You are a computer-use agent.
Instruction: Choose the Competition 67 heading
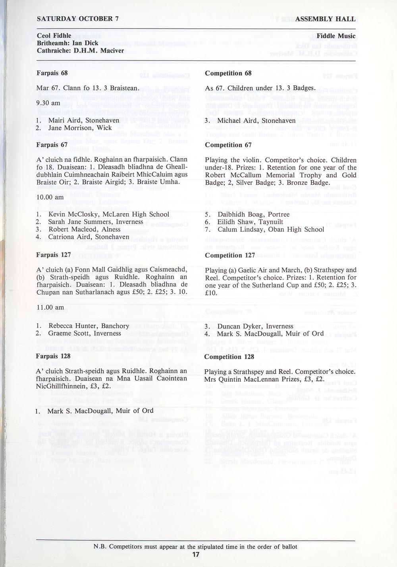tap(229, 145)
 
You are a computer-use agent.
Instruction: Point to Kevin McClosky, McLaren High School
tap(105, 214)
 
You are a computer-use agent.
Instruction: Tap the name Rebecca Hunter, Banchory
tap(85, 326)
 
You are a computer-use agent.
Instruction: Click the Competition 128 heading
tap(229, 357)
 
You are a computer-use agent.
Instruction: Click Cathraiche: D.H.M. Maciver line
tap(81, 51)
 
